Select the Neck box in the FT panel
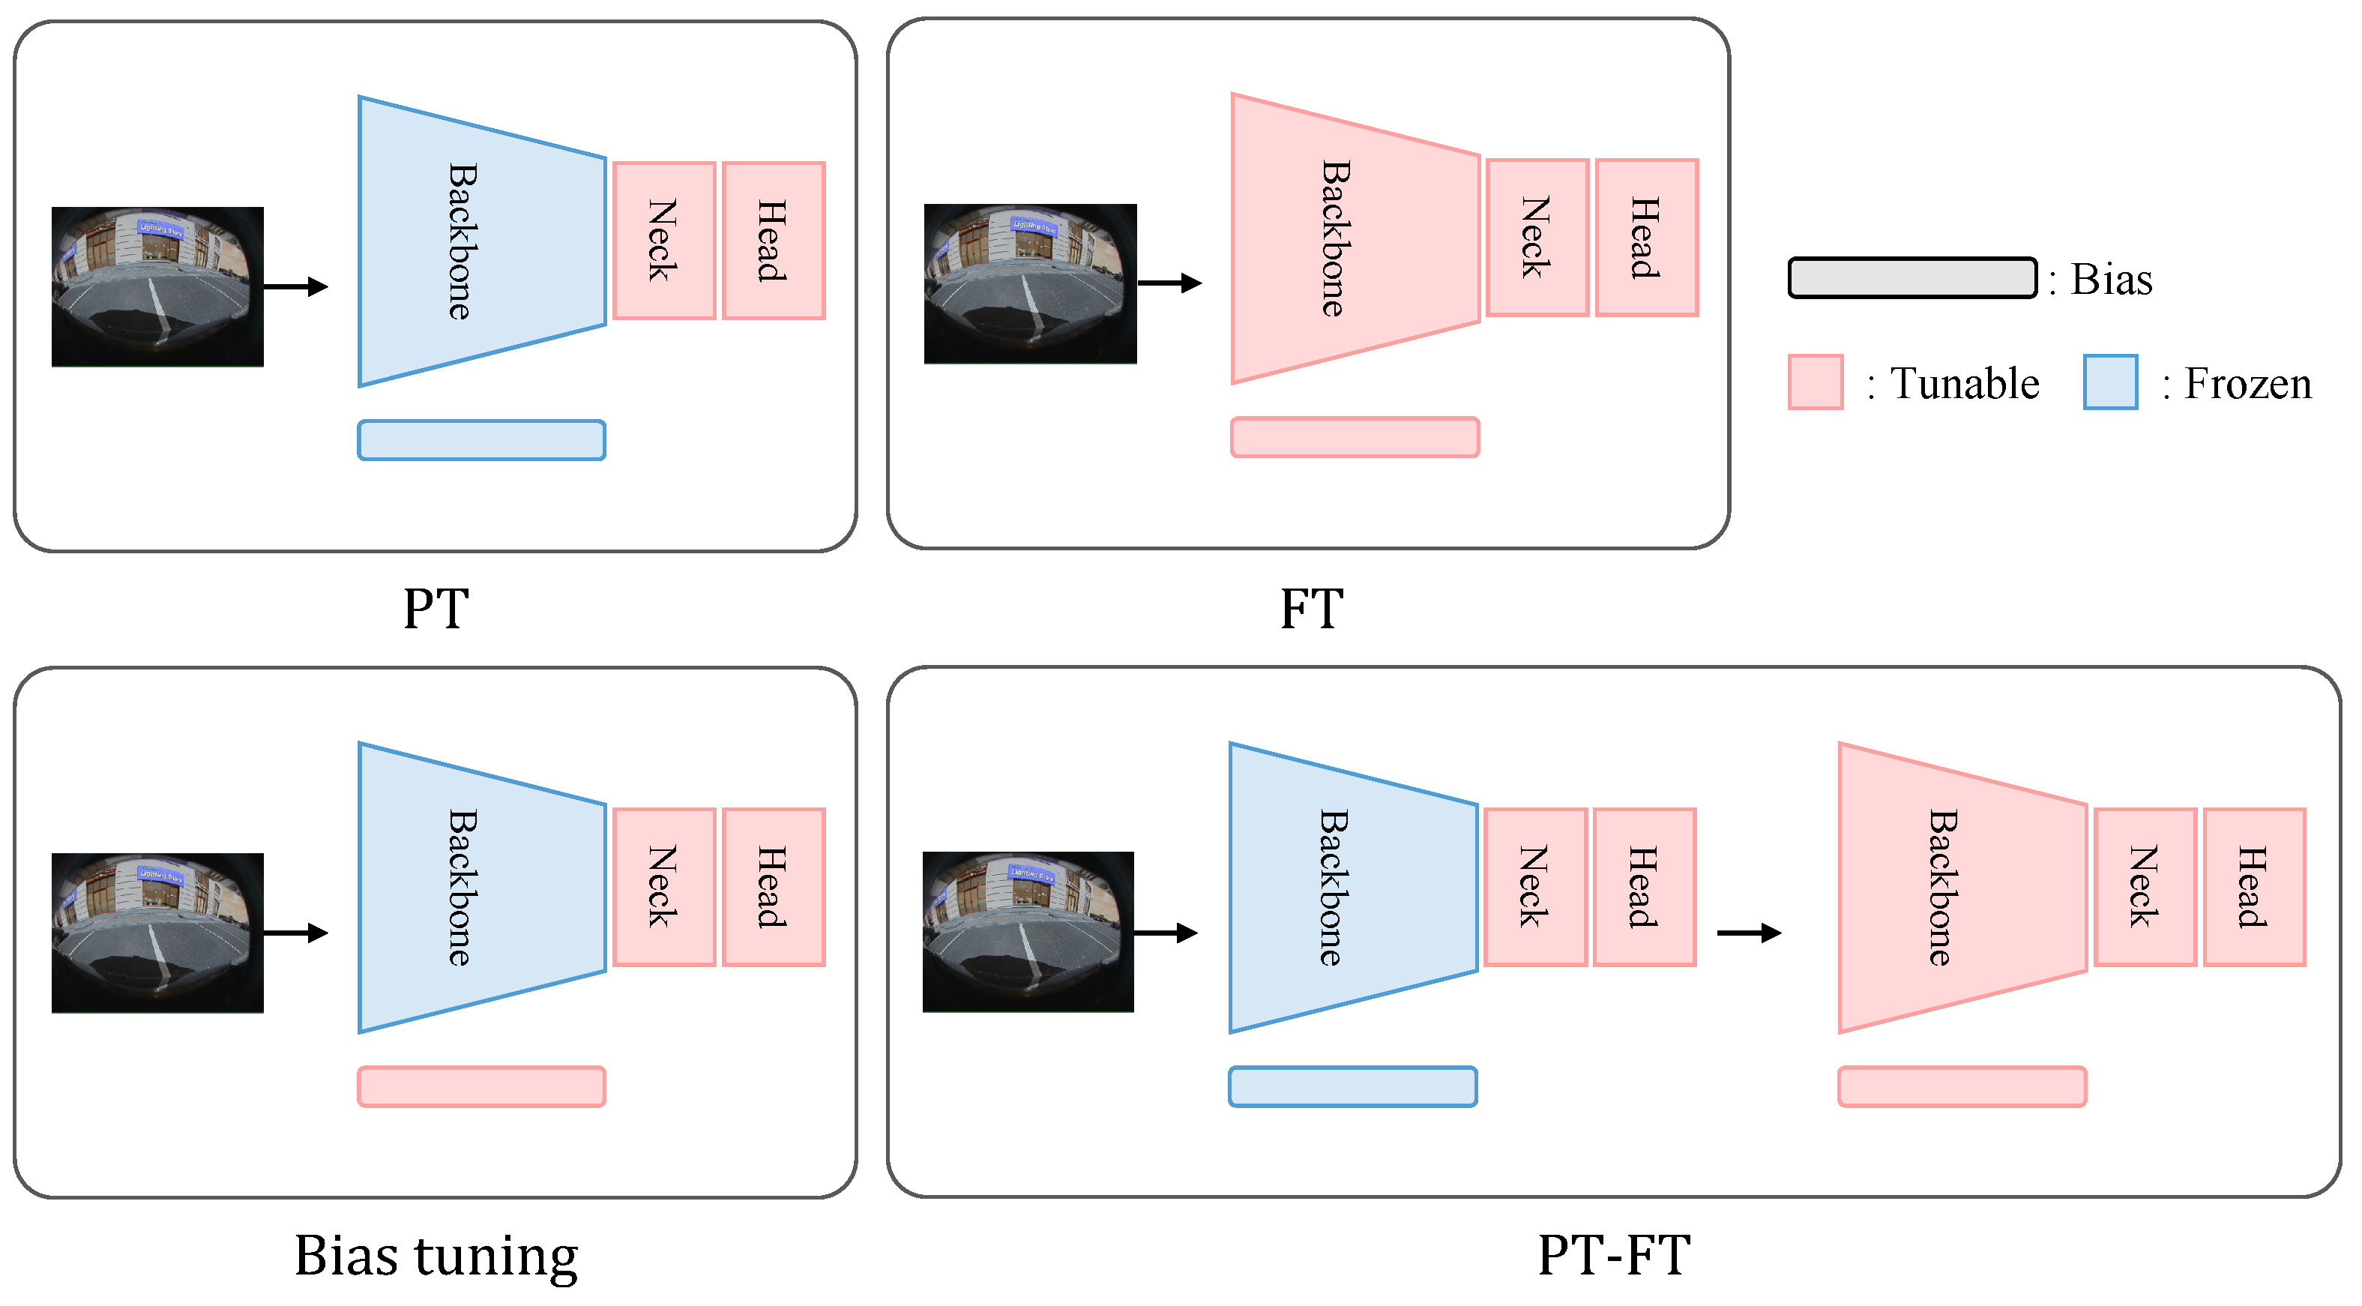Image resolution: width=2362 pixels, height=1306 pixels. [1537, 238]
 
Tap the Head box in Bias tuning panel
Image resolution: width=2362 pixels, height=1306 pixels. [773, 887]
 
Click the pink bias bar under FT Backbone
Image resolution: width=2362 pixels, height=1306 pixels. [1355, 438]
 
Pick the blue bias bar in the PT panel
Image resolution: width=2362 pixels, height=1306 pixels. [481, 440]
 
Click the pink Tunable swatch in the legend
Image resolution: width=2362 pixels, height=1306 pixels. [1815, 382]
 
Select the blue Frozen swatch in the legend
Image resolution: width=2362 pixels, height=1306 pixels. [2110, 382]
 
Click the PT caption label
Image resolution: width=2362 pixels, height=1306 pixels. [436, 609]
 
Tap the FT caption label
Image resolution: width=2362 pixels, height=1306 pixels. [1311, 609]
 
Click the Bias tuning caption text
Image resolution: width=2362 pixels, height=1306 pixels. [436, 1256]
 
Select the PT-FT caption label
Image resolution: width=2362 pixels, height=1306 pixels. [1614, 1256]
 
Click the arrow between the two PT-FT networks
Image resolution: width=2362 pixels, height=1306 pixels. [1747, 933]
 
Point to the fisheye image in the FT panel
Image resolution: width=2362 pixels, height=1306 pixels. [1030, 283]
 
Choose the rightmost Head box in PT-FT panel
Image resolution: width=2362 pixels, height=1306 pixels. [2254, 887]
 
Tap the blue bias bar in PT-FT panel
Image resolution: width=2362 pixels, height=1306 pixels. [1352, 1087]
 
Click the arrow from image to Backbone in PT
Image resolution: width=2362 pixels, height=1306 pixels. [295, 287]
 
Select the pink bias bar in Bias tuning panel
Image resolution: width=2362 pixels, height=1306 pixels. [481, 1087]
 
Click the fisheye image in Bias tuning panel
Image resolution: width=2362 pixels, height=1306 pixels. [157, 933]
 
